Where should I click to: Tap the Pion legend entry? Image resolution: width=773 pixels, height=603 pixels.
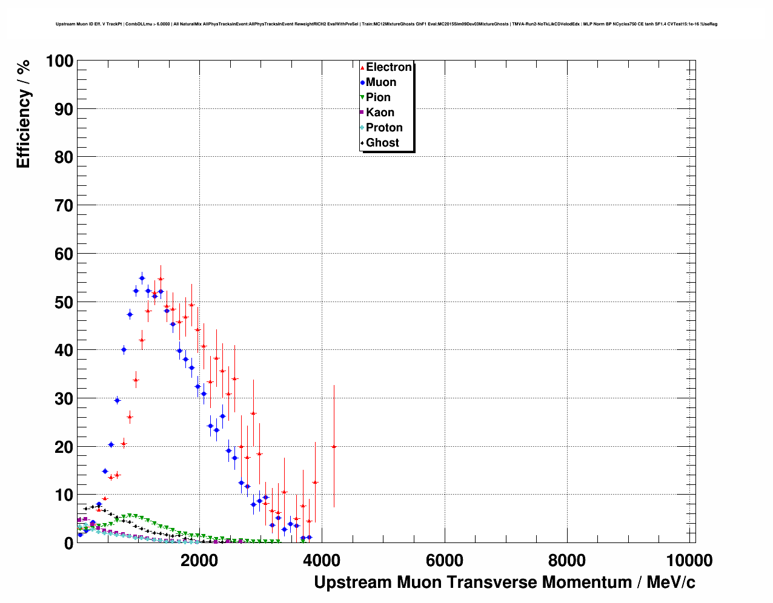377,97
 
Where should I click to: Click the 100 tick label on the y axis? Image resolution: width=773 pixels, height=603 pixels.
59,61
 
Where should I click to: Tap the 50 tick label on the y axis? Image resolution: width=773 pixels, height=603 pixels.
64,302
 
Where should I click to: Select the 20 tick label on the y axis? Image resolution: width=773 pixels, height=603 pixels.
64,447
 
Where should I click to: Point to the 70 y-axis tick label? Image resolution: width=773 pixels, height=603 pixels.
64,206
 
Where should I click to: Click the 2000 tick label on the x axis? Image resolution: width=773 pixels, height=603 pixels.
199,561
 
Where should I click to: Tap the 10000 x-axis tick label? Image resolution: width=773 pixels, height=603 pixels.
689,561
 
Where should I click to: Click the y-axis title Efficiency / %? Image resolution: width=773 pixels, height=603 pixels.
23,113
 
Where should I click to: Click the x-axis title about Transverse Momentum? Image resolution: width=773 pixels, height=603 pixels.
504,582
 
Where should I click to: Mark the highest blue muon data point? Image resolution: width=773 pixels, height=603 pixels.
142,278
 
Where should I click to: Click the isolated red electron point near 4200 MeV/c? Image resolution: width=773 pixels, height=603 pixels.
334,447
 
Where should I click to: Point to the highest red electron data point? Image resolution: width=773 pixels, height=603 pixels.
161,279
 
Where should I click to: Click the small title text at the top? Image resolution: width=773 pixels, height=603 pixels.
386,24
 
